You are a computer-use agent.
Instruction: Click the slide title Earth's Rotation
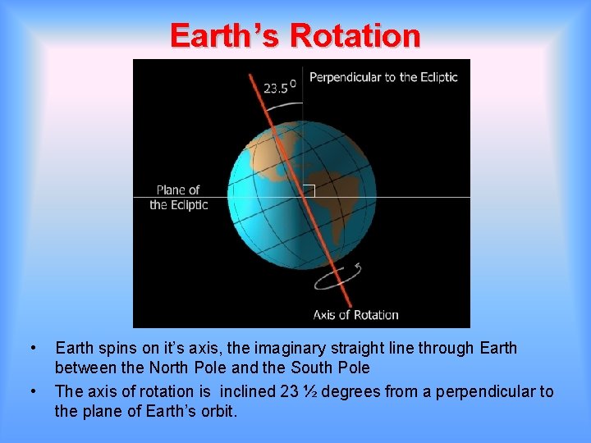click(x=295, y=36)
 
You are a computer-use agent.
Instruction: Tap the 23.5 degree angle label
click(x=276, y=87)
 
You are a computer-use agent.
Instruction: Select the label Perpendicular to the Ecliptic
click(x=383, y=77)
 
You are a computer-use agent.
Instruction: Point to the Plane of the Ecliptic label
click(x=178, y=198)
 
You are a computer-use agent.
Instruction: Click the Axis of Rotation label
click(x=355, y=314)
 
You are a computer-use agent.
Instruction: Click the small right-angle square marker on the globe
click(x=309, y=190)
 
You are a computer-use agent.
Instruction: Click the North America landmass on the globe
click(x=271, y=152)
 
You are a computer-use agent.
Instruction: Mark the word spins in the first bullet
click(x=116, y=348)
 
